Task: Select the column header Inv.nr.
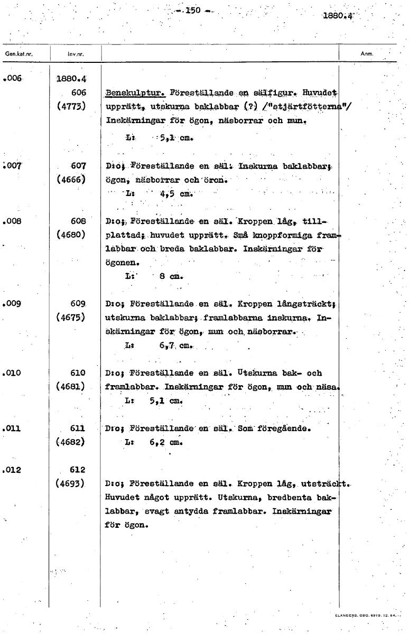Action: (76, 54)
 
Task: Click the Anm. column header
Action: (367, 54)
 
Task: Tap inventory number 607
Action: (78, 166)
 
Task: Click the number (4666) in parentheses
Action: (71, 180)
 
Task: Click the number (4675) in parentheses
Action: (71, 318)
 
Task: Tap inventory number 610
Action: (78, 373)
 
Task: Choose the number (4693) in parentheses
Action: (71, 483)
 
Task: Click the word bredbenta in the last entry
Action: (290, 497)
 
